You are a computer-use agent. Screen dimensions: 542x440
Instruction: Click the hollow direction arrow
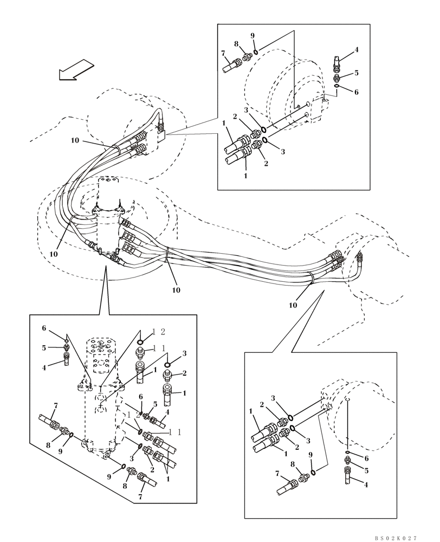click(74, 69)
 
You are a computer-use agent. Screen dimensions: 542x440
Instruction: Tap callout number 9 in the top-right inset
click(252, 36)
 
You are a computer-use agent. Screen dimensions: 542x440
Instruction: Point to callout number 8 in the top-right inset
click(236, 44)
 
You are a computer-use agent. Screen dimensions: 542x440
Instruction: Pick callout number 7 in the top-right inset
click(223, 53)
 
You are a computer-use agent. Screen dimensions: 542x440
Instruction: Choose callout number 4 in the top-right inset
click(357, 50)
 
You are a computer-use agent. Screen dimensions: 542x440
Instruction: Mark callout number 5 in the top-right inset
click(357, 73)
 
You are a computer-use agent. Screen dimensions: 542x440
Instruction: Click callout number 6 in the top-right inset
click(357, 92)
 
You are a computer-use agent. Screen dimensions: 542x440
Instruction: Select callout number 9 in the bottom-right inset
click(311, 455)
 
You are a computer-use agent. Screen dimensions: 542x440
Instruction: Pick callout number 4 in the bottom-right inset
click(366, 485)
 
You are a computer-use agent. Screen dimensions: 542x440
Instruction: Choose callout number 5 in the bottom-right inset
click(366, 471)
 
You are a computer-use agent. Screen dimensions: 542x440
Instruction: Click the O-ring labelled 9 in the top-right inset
click(255, 51)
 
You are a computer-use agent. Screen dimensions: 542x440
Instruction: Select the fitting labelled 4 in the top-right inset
click(337, 64)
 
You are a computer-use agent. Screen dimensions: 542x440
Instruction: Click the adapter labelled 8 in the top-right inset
click(247, 56)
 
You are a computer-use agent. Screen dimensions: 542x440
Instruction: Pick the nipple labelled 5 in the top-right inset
click(337, 79)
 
